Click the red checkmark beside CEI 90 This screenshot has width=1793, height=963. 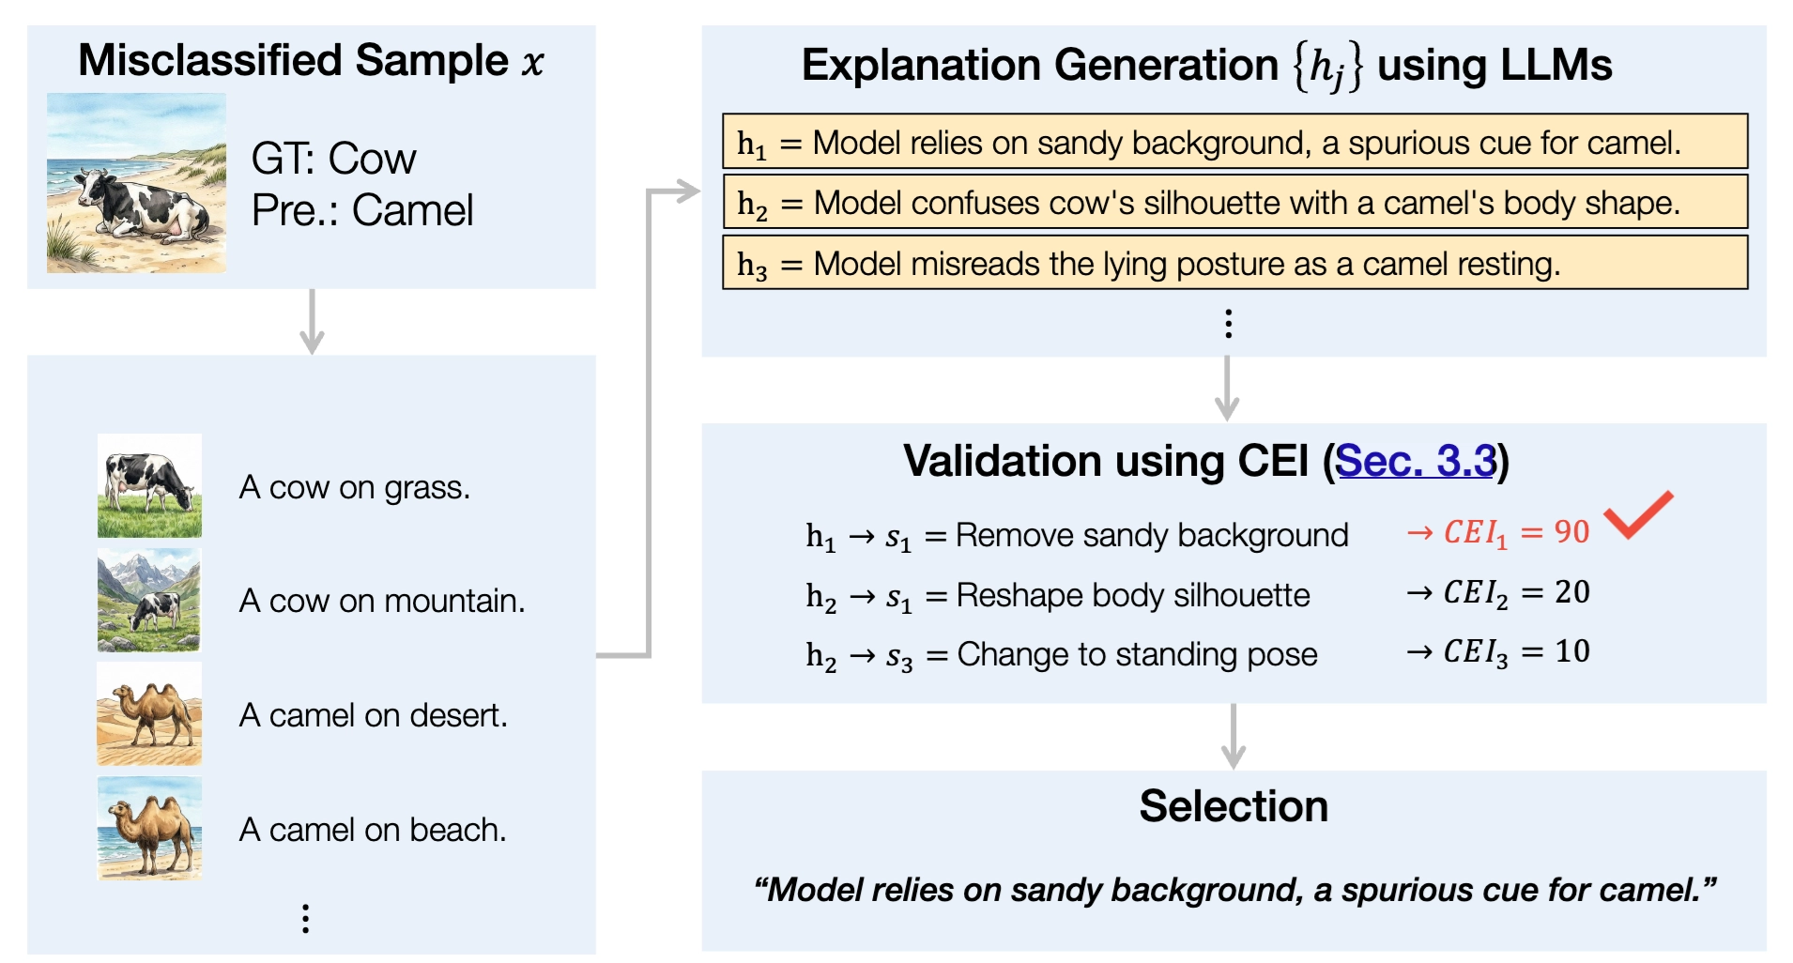click(x=1638, y=515)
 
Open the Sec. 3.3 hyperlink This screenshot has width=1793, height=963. click(x=1415, y=461)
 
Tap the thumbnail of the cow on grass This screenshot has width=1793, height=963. click(x=149, y=485)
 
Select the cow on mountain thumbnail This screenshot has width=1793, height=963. click(x=149, y=600)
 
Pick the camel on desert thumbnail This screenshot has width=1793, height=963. click(x=149, y=714)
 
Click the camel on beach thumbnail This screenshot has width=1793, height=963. click(x=149, y=829)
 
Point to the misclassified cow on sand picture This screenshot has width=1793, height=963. click(x=136, y=183)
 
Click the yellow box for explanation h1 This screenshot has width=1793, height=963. click(x=1234, y=142)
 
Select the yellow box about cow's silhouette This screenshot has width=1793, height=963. click(x=1234, y=202)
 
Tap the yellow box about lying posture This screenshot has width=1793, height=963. click(x=1234, y=263)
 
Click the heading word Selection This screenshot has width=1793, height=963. click(x=1234, y=806)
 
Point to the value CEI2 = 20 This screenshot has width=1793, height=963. click(x=1516, y=592)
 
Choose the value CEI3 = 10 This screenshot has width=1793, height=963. click(x=1516, y=651)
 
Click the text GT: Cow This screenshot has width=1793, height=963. click(x=333, y=159)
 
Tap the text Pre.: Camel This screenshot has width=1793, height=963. click(x=362, y=210)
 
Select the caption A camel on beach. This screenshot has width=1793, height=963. click(x=373, y=830)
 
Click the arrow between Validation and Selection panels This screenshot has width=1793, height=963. click(x=1234, y=737)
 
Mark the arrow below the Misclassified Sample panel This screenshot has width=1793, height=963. click(x=312, y=322)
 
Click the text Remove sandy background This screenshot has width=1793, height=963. click(x=1152, y=535)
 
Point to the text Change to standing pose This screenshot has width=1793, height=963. click(x=1137, y=654)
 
